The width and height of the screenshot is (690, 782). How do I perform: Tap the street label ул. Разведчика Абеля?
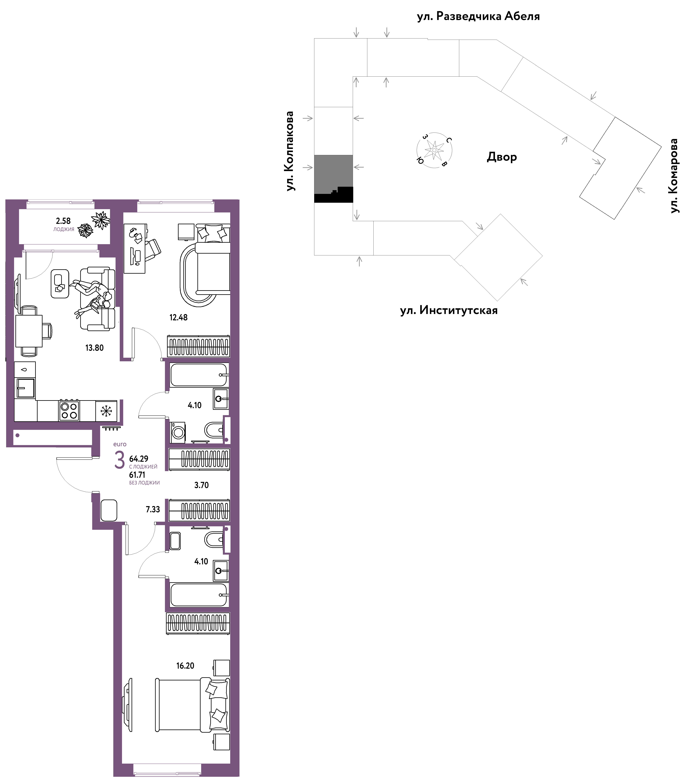click(478, 16)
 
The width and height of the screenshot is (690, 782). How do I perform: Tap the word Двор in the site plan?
click(502, 157)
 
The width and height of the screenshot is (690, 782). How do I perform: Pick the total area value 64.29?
click(139, 459)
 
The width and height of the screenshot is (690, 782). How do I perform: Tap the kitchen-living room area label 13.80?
click(94, 348)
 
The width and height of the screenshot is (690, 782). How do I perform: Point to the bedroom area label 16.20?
click(185, 666)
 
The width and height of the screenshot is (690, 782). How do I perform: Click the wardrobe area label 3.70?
click(201, 485)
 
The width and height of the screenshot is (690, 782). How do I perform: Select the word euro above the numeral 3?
click(120, 444)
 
